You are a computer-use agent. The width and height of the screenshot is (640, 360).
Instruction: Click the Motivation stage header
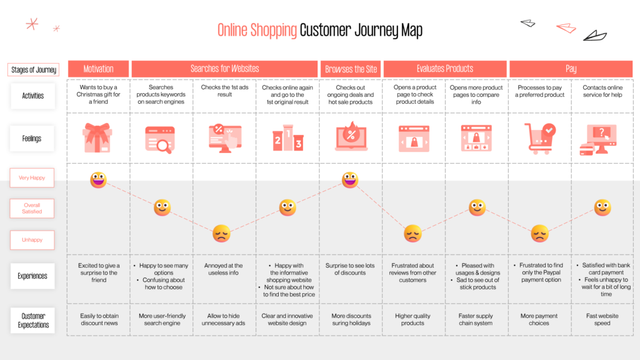(98, 69)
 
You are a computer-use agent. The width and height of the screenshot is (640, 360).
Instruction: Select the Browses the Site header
(351, 69)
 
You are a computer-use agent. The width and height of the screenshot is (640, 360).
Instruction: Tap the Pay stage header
(571, 69)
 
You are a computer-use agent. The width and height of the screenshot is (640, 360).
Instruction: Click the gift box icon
(97, 137)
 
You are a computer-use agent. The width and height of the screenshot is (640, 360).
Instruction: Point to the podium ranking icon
(287, 137)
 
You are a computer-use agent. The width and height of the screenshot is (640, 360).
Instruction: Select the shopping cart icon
(539, 138)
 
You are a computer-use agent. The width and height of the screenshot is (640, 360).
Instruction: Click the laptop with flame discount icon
(351, 137)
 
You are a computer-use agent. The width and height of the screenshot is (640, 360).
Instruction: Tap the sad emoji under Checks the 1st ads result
(221, 234)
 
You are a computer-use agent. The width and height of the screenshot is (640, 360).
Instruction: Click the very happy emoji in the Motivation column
(98, 179)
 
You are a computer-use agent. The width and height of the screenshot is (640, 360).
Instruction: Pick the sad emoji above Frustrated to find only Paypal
(539, 234)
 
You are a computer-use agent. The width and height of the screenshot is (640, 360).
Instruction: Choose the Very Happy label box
(32, 178)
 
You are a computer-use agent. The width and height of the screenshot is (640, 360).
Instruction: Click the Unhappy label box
(32, 240)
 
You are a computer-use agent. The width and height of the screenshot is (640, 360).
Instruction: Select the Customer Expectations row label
(32, 321)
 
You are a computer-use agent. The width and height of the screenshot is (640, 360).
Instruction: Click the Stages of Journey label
(34, 70)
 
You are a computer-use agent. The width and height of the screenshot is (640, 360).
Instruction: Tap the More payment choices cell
(539, 319)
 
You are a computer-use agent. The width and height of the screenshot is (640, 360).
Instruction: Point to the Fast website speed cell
(602, 319)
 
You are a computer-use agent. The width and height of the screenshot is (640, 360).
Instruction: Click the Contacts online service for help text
(602, 91)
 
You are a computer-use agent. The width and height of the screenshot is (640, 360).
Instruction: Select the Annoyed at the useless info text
(223, 269)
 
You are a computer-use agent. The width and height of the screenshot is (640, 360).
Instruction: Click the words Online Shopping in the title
(257, 30)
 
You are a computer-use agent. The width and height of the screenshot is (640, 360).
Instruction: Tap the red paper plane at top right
(566, 27)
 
